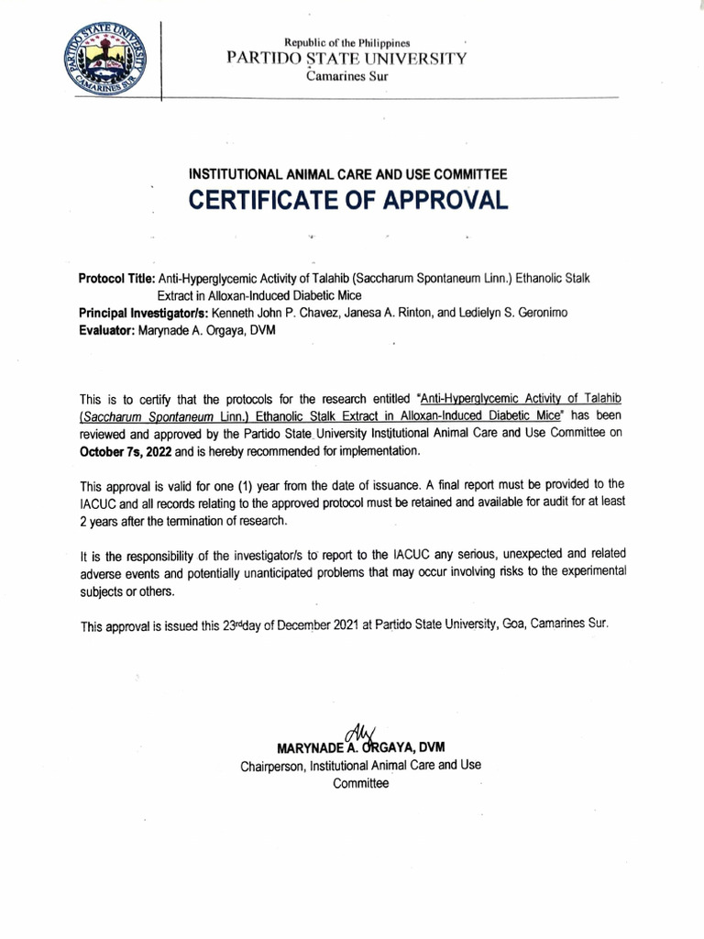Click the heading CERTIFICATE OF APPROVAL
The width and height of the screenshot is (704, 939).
point(347,200)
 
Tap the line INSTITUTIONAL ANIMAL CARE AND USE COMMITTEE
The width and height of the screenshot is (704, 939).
point(347,173)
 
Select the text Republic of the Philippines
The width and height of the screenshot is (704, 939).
point(347,43)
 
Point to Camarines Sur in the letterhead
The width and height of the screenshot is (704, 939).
point(347,76)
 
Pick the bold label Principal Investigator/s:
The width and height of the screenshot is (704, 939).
point(144,313)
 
